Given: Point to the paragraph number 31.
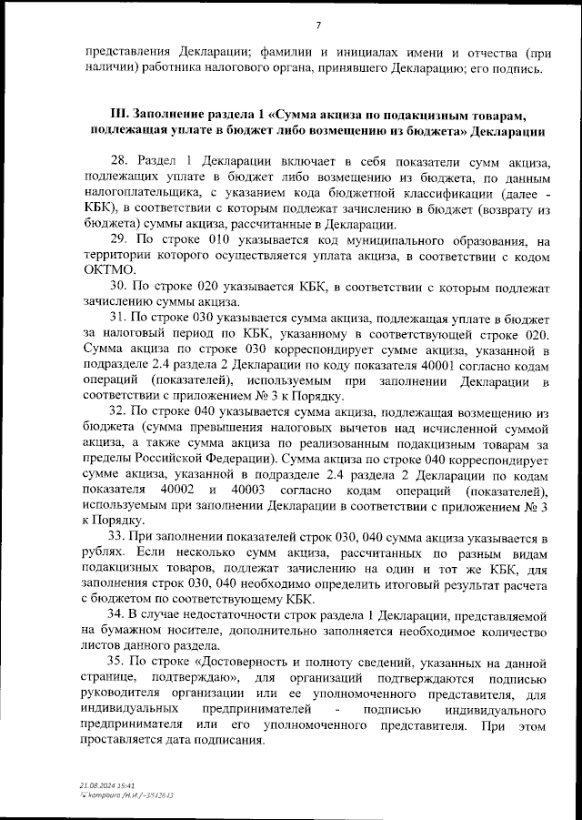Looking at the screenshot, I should [119, 317].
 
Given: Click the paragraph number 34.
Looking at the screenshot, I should [119, 614].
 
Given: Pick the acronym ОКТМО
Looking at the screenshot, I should [108, 270].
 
